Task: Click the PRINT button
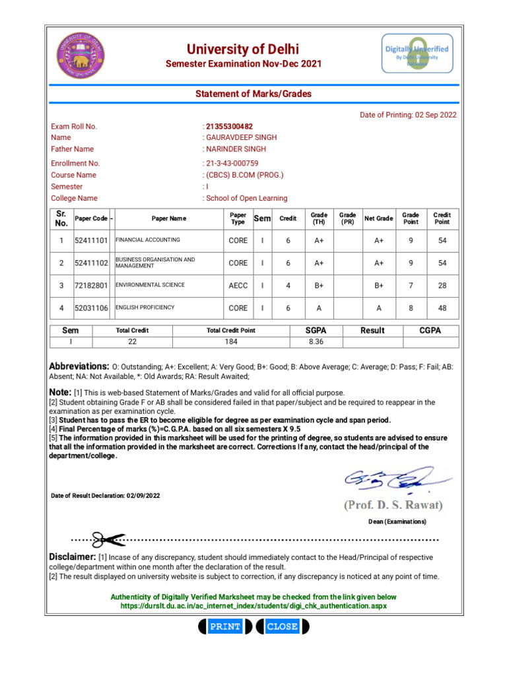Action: pyautogui.click(x=224, y=626)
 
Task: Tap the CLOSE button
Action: pyautogui.click(x=282, y=626)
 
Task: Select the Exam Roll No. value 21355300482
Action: pyautogui.click(x=229, y=126)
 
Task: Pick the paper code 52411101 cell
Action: pyautogui.click(x=90, y=241)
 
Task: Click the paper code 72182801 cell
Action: pyautogui.click(x=90, y=286)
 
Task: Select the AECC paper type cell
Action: pyautogui.click(x=238, y=286)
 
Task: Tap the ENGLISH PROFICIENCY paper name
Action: pyautogui.click(x=145, y=308)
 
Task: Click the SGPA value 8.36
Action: pyautogui.click(x=316, y=341)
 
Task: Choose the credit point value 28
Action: pyautogui.click(x=442, y=286)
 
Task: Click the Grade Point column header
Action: pyautogui.click(x=411, y=218)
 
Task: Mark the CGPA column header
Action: pyautogui.click(x=430, y=330)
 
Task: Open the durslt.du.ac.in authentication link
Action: pyautogui.click(x=253, y=605)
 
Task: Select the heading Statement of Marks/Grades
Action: pyautogui.click(x=253, y=94)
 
